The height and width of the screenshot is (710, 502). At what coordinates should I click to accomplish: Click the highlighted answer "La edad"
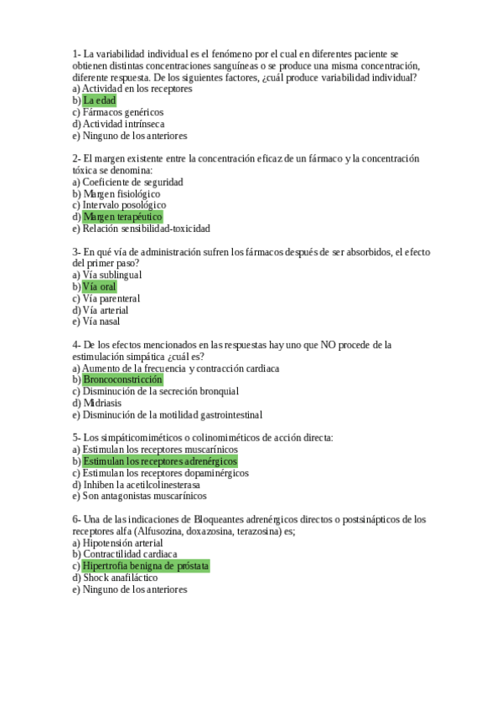pyautogui.click(x=99, y=100)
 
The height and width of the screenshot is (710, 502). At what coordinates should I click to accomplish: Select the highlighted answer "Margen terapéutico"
pyautogui.click(x=122, y=217)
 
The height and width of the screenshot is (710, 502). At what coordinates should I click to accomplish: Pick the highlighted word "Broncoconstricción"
pyautogui.click(x=122, y=379)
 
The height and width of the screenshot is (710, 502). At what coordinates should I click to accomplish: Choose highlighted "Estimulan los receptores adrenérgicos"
pyautogui.click(x=160, y=461)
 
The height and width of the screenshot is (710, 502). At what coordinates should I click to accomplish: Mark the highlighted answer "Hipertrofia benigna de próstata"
pyautogui.click(x=146, y=566)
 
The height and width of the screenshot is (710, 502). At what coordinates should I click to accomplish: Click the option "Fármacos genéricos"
pyautogui.click(x=123, y=112)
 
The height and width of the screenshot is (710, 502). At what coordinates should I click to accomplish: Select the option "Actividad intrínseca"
pyautogui.click(x=123, y=124)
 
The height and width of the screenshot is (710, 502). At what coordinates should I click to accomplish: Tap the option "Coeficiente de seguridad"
pyautogui.click(x=132, y=182)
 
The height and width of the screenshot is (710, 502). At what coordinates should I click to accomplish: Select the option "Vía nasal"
pyautogui.click(x=101, y=322)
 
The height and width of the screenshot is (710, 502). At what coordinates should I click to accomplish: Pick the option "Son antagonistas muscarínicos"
pyautogui.click(x=144, y=496)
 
